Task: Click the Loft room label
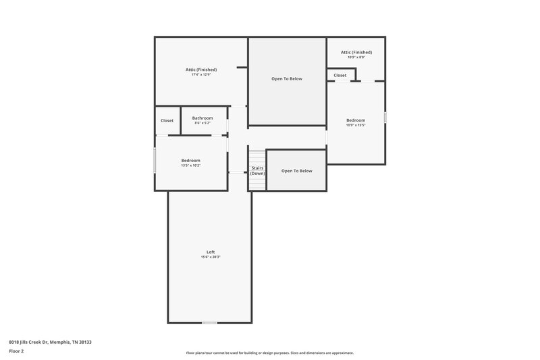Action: pyautogui.click(x=211, y=252)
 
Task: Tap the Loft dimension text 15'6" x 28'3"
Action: pyautogui.click(x=211, y=257)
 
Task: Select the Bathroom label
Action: pyautogui.click(x=202, y=118)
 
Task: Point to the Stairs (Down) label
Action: pyautogui.click(x=257, y=170)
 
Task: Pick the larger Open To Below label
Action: pyautogui.click(x=287, y=79)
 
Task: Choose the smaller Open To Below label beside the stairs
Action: pyautogui.click(x=297, y=171)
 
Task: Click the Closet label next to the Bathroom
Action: pyautogui.click(x=167, y=121)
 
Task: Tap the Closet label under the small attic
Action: pyautogui.click(x=340, y=76)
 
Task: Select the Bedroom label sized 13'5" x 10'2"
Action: pyautogui.click(x=191, y=160)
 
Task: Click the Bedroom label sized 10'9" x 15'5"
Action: pyautogui.click(x=356, y=120)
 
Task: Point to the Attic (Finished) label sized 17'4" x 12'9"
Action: pyautogui.click(x=201, y=69)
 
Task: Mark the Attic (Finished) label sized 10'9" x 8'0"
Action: pyautogui.click(x=356, y=52)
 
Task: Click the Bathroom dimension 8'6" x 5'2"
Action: pyautogui.click(x=202, y=123)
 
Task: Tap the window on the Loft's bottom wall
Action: pyautogui.click(x=210, y=323)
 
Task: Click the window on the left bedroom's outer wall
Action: pyautogui.click(x=155, y=160)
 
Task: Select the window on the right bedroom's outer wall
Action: pyautogui.click(x=385, y=118)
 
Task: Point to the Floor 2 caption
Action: pyautogui.click(x=16, y=351)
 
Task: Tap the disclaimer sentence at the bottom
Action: pyautogui.click(x=270, y=353)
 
